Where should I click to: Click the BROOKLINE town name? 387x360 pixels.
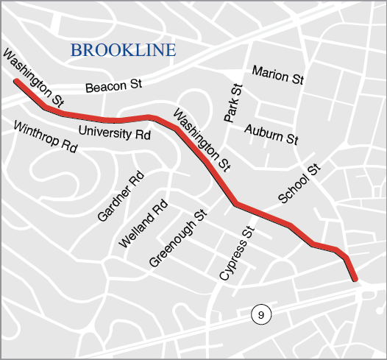(123, 51)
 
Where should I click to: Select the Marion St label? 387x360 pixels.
(277, 74)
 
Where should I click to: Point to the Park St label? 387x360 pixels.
(233, 104)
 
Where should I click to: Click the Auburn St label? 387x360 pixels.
(271, 133)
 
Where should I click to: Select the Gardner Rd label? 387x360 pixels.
(121, 197)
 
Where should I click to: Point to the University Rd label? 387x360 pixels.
(114, 134)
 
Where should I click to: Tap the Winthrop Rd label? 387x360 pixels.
(46, 136)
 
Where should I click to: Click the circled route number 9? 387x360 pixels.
(260, 315)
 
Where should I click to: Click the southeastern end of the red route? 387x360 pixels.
(355, 278)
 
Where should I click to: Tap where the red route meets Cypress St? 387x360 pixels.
(236, 204)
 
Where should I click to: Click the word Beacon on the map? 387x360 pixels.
(102, 88)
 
